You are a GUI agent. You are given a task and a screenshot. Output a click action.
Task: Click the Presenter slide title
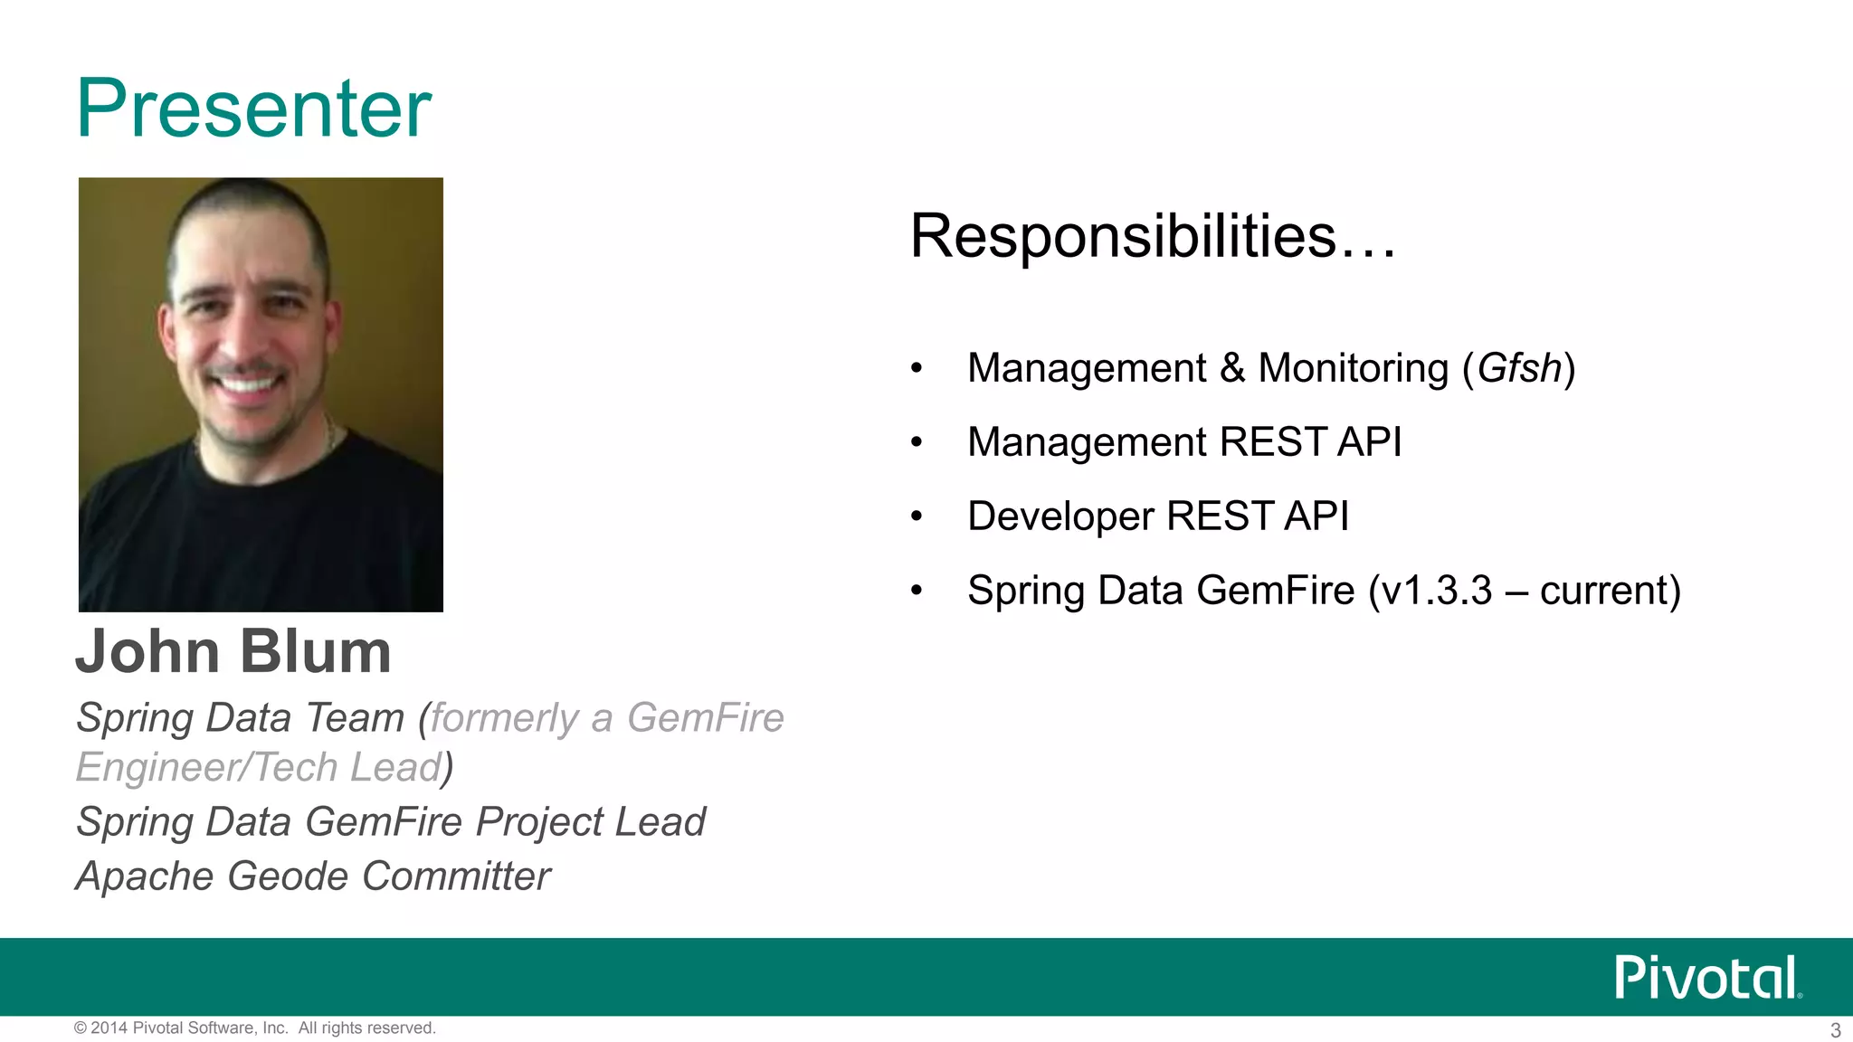pos(254,109)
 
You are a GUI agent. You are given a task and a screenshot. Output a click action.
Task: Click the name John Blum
pos(233,651)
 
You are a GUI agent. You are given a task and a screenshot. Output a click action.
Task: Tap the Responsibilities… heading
pos(1153,236)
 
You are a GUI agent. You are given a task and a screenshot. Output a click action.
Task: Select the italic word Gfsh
pos(1519,369)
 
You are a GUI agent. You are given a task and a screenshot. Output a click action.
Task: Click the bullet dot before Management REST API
pos(917,442)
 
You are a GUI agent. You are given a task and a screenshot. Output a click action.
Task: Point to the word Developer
pos(1060,516)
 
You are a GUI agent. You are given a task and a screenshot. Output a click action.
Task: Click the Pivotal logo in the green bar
pos(1707,977)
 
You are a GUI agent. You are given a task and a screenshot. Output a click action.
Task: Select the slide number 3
pos(1835,1030)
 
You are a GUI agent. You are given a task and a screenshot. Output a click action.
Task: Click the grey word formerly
pos(504,718)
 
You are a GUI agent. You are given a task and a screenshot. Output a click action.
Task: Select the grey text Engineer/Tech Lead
pos(258,768)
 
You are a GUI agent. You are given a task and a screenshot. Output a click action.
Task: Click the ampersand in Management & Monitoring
pos(1232,369)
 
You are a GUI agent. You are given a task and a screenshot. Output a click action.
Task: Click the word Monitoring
pos(1354,369)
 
